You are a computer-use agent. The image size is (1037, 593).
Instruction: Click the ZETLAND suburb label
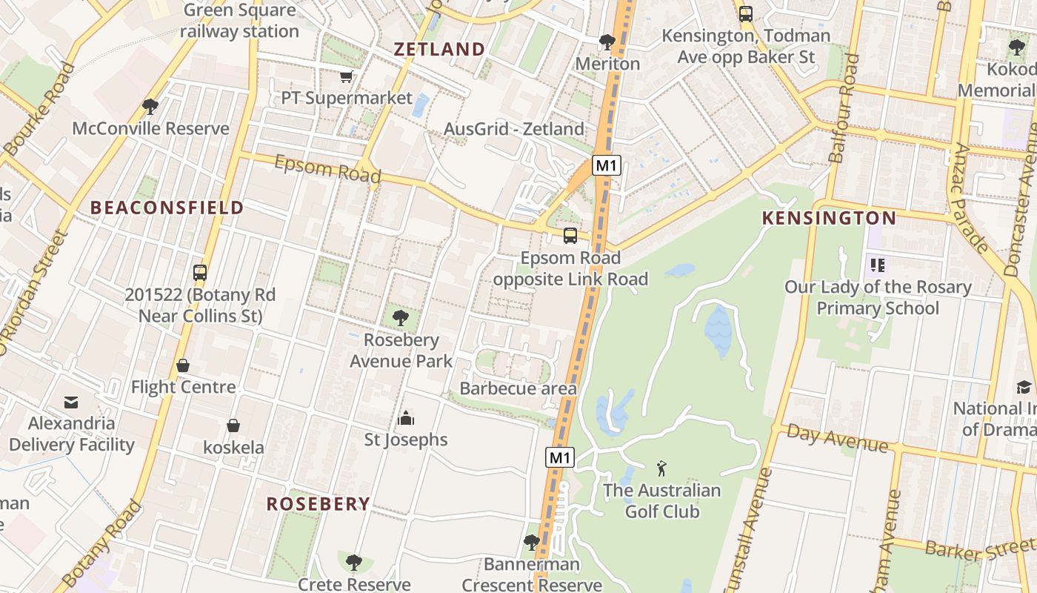(x=439, y=50)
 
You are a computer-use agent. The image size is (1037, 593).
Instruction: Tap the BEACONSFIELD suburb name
(x=167, y=208)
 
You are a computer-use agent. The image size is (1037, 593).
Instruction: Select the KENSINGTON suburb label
(x=829, y=218)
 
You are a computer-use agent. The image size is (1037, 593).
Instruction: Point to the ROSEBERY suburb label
(x=318, y=504)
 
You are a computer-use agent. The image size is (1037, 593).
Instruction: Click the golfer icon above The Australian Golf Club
(x=661, y=468)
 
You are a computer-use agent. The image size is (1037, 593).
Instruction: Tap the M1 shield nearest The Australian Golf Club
(x=560, y=457)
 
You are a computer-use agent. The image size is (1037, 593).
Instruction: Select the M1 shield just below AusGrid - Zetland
(x=606, y=165)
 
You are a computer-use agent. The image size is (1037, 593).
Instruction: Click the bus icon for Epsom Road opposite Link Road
(x=570, y=236)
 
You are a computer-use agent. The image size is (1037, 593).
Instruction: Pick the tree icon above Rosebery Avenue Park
(x=401, y=319)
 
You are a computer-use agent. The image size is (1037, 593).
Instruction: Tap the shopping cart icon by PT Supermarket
(x=346, y=76)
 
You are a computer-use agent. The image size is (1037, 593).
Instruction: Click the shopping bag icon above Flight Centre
(x=183, y=365)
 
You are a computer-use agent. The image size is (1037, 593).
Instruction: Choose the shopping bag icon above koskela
(x=233, y=425)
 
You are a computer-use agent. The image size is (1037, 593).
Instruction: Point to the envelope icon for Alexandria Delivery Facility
(x=71, y=402)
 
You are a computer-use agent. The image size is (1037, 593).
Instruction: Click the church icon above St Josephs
(x=405, y=418)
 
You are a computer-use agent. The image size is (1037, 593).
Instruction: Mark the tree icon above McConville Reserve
(x=150, y=107)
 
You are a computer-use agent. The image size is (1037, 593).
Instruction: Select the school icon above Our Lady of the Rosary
(x=878, y=265)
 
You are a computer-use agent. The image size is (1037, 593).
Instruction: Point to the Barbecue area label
(x=518, y=388)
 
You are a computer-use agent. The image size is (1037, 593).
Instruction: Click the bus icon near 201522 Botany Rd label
(x=200, y=272)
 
